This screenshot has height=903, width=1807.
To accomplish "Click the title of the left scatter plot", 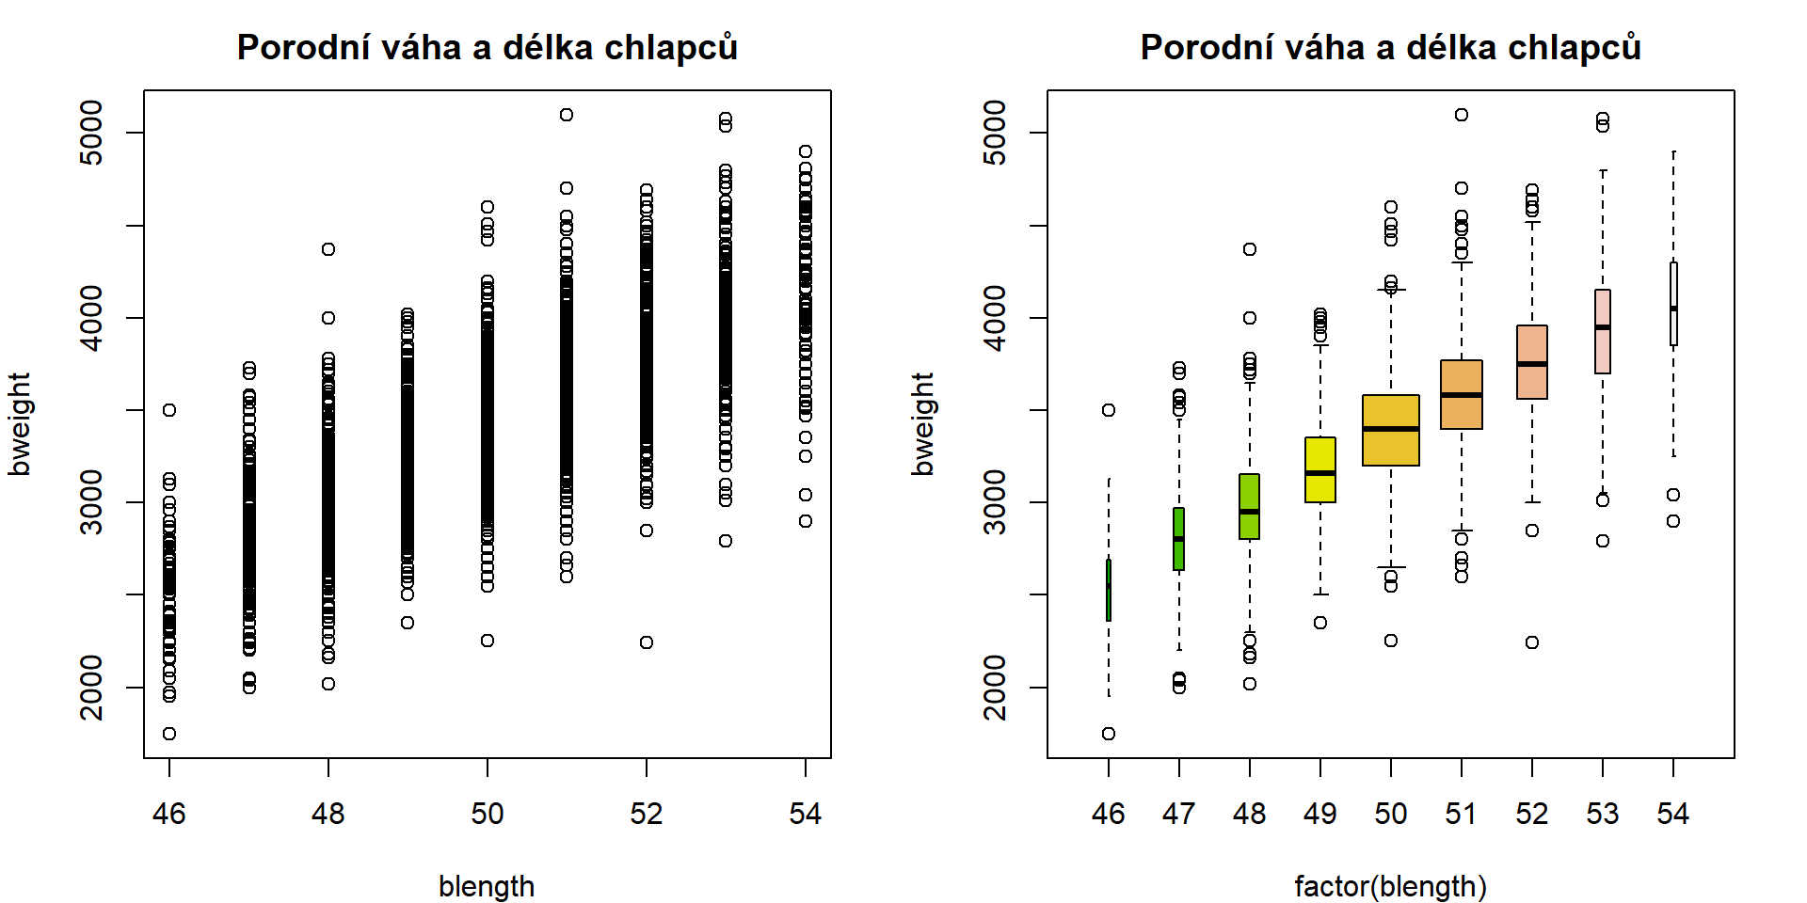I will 487,47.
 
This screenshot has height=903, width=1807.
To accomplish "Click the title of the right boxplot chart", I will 1390,47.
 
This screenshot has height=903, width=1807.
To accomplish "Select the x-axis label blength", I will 487,885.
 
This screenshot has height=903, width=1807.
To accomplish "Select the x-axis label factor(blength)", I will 1390,885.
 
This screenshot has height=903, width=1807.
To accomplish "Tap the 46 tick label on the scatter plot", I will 169,813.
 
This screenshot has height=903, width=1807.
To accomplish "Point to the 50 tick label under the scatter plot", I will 488,813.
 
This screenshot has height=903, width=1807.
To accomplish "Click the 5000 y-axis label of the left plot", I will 92,133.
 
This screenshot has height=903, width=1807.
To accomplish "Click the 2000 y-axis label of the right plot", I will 996,688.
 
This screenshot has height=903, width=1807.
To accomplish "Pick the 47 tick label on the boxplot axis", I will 1179,813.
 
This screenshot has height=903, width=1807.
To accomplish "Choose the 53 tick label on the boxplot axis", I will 1603,813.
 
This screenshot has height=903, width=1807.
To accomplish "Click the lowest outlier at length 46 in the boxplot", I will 1109,734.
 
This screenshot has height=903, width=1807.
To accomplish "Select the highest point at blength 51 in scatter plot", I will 567,115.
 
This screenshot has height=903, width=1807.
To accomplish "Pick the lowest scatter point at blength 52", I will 647,642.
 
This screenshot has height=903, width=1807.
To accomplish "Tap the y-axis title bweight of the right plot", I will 922,423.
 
